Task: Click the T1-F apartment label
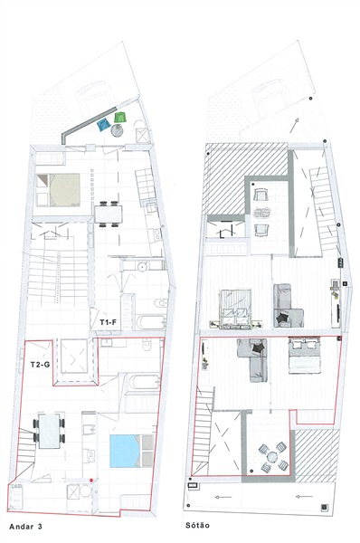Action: coord(108,322)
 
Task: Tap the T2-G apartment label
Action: coord(40,365)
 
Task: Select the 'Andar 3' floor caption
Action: coord(25,527)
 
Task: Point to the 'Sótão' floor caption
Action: coord(197,525)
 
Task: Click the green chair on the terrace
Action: coord(119,117)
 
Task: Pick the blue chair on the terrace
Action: coord(104,124)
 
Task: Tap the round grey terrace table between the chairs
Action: coord(117,130)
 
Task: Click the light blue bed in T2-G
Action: coord(126,451)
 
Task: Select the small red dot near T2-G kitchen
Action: coord(91,480)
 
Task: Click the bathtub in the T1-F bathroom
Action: coord(150,322)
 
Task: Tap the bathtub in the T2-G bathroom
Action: coord(144,382)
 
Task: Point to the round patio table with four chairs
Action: coord(273,458)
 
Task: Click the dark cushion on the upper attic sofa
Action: coord(282,318)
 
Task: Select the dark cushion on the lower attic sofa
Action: coord(258,348)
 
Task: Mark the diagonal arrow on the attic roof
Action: coord(294,126)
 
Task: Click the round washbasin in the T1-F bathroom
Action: coord(142,267)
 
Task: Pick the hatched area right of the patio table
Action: coord(317,456)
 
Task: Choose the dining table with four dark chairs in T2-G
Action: coord(49,431)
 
